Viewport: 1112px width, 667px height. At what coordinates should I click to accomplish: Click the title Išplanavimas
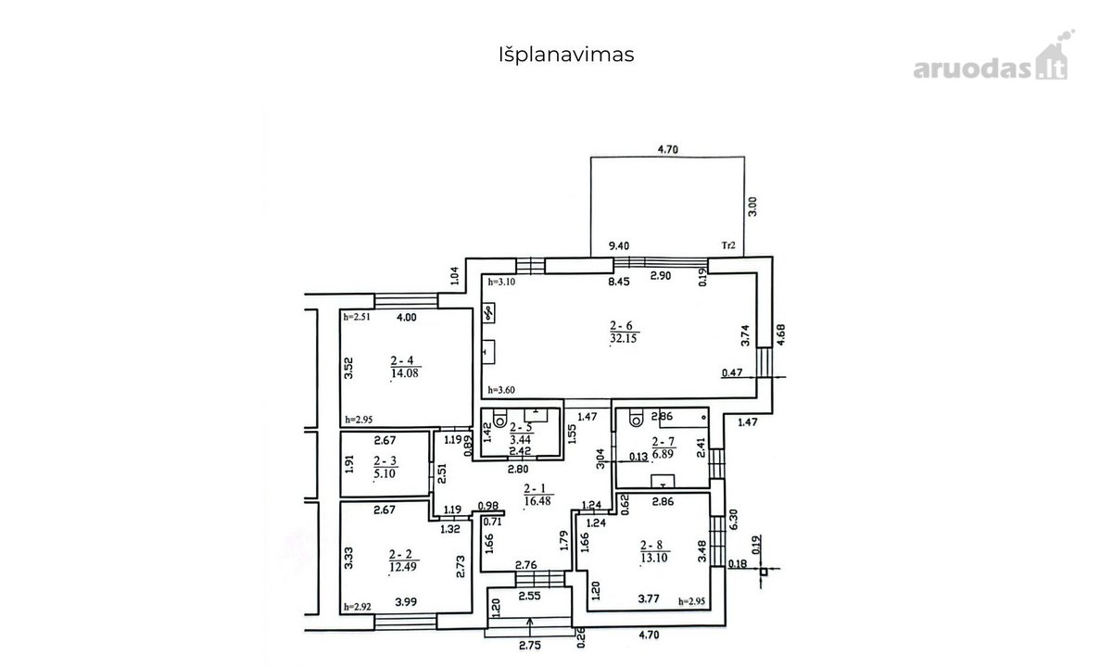[x=566, y=55]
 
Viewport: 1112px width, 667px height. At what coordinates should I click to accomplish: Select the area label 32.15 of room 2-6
[x=623, y=338]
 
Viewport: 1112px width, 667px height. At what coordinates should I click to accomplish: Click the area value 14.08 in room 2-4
[x=405, y=373]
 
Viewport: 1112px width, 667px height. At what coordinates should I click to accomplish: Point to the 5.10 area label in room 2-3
[x=385, y=473]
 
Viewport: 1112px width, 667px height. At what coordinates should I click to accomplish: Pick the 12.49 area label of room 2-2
[x=402, y=566]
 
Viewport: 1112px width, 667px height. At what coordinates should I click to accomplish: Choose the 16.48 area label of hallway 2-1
[x=537, y=501]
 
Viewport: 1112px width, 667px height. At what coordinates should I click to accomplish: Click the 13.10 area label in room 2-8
[x=654, y=558]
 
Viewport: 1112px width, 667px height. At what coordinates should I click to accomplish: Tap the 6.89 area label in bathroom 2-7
[x=663, y=453]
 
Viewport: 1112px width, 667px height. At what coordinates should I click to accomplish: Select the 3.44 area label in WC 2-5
[x=520, y=439]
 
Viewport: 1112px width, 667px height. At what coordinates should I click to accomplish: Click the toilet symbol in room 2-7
[x=636, y=418]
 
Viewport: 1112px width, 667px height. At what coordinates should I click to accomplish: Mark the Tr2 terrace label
[x=727, y=245]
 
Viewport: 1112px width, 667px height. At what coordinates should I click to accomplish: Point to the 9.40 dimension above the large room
[x=619, y=245]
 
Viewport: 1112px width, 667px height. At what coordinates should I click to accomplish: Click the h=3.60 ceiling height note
[x=501, y=390]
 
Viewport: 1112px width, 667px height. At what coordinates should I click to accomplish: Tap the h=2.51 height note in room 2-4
[x=357, y=317]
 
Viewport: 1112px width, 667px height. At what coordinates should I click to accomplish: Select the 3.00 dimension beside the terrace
[x=752, y=207]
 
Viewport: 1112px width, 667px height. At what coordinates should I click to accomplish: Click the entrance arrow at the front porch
[x=530, y=627]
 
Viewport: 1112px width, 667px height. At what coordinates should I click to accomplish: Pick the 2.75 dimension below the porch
[x=530, y=646]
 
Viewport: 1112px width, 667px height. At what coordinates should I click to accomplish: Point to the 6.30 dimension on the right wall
[x=735, y=519]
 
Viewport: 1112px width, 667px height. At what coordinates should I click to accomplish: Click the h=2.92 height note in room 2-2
[x=358, y=607]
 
